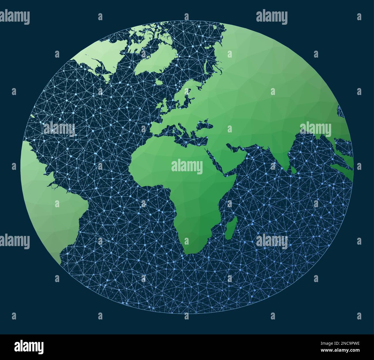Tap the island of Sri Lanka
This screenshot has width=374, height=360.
[x=293, y=171]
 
